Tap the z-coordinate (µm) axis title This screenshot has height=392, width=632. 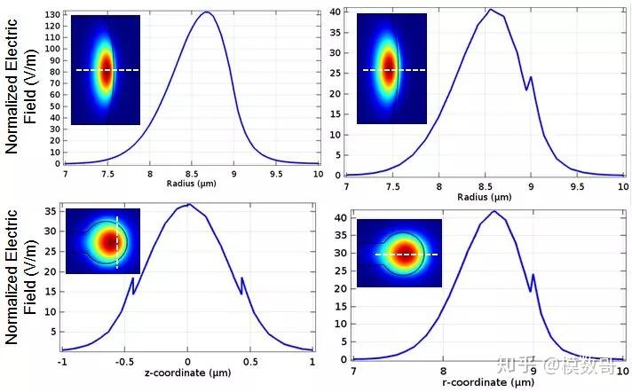tap(186, 372)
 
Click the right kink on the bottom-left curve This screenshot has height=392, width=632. tap(241, 279)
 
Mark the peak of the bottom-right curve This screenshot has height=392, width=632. tap(494, 211)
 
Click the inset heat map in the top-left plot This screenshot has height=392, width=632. tap(106, 70)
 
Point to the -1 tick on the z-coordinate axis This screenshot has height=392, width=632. tap(61, 362)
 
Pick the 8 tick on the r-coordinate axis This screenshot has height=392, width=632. tap(443, 371)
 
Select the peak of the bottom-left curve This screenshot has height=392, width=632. tap(187, 205)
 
